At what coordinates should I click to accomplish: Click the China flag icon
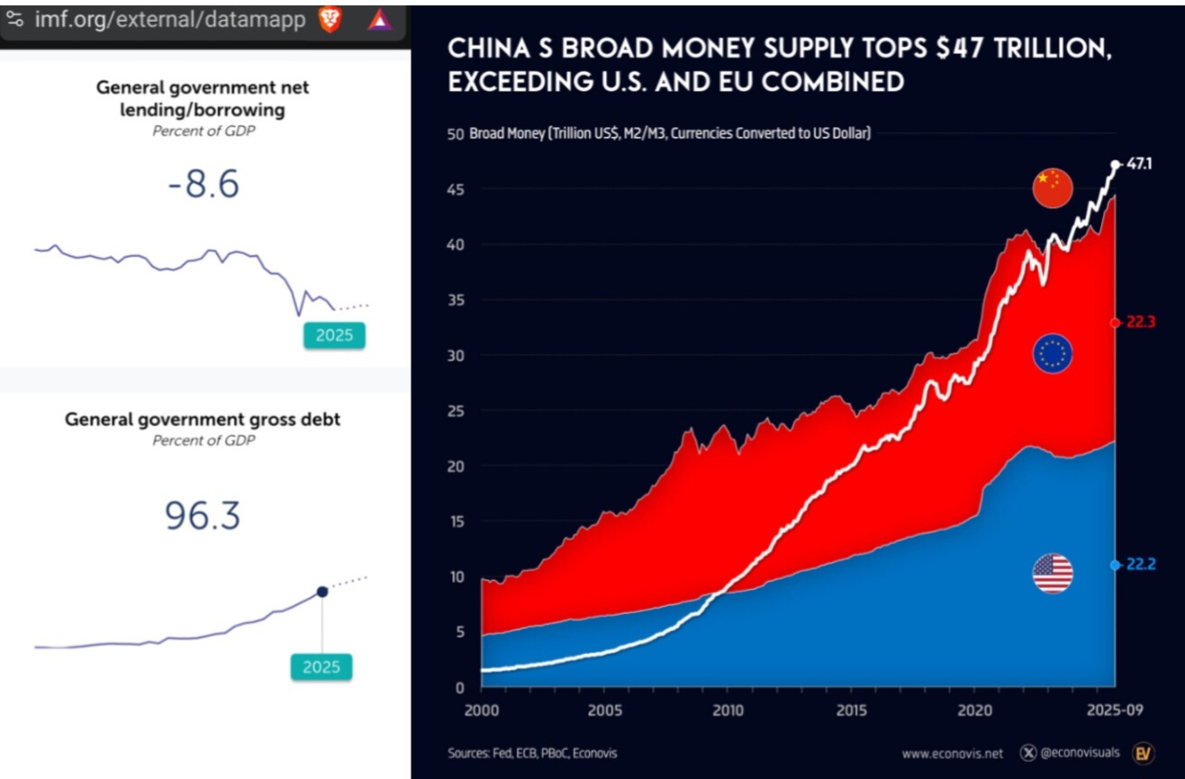(x=1052, y=187)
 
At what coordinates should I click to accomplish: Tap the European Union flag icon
(x=1052, y=353)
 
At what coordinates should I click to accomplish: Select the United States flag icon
(x=1052, y=574)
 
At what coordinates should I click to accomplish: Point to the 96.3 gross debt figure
(x=203, y=515)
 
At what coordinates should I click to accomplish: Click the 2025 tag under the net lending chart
(x=334, y=336)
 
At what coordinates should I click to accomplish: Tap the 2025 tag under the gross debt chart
(x=321, y=667)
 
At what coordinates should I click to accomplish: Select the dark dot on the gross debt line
(x=321, y=592)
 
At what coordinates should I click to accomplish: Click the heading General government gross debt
(x=203, y=420)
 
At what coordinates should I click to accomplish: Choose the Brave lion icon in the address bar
(x=330, y=20)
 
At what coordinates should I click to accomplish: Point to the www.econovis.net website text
(x=954, y=753)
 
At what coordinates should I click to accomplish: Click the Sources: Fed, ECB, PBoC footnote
(x=532, y=753)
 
